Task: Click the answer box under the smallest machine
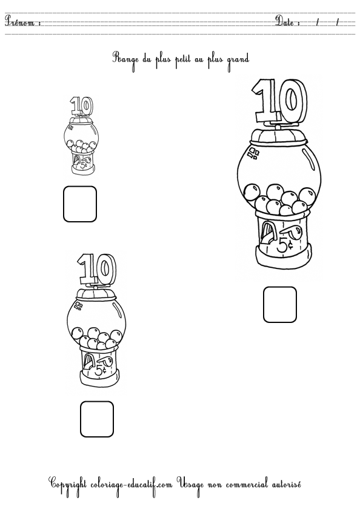[x=80, y=204]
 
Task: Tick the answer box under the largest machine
[x=280, y=304]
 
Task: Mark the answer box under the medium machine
[x=97, y=419]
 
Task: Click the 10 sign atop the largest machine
[x=280, y=101]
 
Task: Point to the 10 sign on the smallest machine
[x=81, y=106]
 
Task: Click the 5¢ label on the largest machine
[x=285, y=244]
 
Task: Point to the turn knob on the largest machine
[x=292, y=231]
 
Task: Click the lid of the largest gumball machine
[x=279, y=136]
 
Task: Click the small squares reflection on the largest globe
[x=253, y=153]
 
